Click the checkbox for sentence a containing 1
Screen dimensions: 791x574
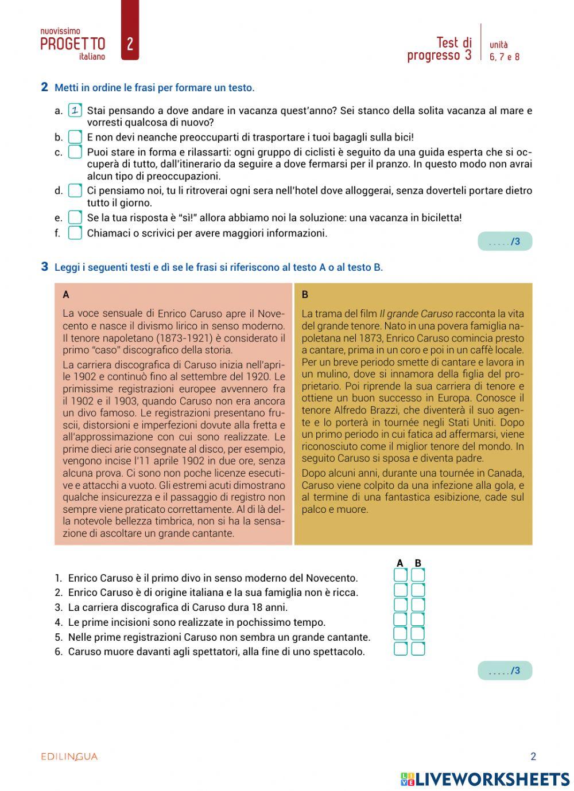pyautogui.click(x=75, y=110)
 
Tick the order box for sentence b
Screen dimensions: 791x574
pyautogui.click(x=75, y=137)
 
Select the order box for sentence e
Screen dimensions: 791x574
pyautogui.click(x=75, y=217)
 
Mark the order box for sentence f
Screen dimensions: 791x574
pyautogui.click(x=75, y=233)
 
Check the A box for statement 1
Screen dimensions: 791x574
pyautogui.click(x=400, y=575)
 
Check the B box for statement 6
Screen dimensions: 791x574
pyautogui.click(x=418, y=649)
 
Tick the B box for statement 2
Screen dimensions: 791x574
pyautogui.click(x=418, y=590)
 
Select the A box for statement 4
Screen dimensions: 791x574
pyautogui.click(x=400, y=619)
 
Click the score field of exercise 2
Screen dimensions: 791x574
pyautogui.click(x=505, y=241)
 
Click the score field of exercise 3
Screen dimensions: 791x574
pyautogui.click(x=505, y=671)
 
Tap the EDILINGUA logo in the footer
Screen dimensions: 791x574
pyautogui.click(x=69, y=757)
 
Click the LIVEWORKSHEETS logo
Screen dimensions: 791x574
pyautogui.click(x=485, y=779)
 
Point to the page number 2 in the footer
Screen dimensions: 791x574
pyautogui.click(x=533, y=757)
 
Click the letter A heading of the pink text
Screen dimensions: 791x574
pyautogui.click(x=66, y=295)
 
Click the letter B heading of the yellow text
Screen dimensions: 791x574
pyautogui.click(x=305, y=295)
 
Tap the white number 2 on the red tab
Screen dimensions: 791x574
pyautogui.click(x=130, y=44)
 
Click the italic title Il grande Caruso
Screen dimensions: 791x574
pyautogui.click(x=416, y=314)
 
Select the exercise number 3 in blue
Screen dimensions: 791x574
pyautogui.click(x=45, y=267)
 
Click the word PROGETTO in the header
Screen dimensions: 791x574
pyautogui.click(x=73, y=44)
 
